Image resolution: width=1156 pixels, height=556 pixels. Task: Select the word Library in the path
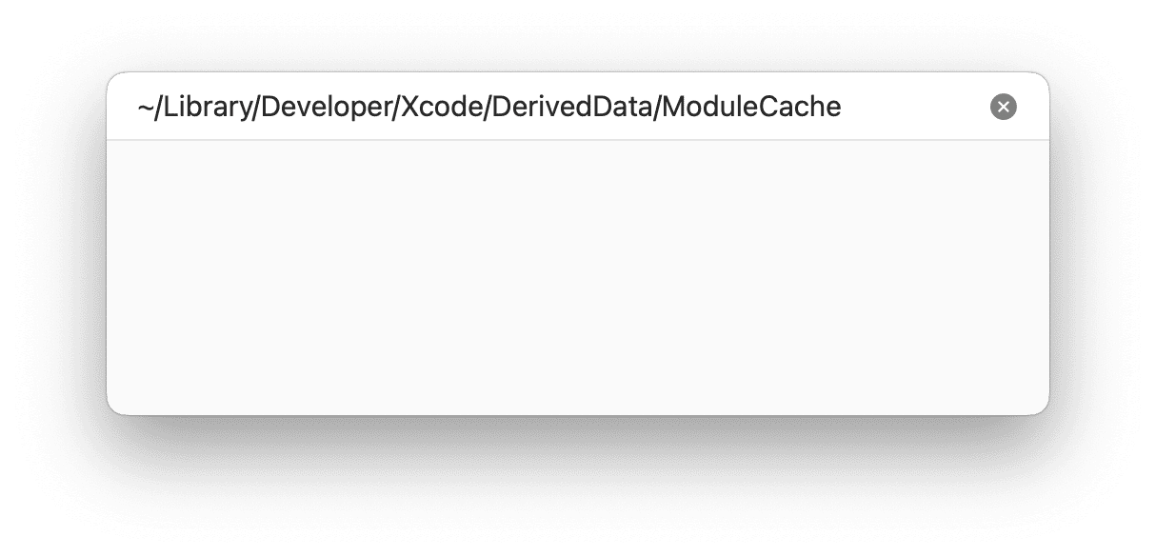pos(208,108)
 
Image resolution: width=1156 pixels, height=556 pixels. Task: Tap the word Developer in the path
pos(327,108)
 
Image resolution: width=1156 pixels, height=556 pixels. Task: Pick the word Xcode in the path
pos(441,107)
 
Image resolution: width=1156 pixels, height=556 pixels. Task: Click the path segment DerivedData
pos(571,107)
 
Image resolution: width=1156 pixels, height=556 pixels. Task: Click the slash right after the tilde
pos(159,108)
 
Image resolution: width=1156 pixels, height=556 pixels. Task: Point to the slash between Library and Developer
pos(256,108)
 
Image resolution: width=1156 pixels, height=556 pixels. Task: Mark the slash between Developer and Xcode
pos(396,108)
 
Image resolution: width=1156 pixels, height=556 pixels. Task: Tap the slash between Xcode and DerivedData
pos(487,108)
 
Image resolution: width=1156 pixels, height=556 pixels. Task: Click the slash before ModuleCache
pos(657,108)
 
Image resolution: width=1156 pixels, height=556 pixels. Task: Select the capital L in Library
pos(170,107)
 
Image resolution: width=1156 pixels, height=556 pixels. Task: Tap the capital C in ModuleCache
pos(769,107)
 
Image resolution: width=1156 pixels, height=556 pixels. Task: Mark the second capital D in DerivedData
pos(602,107)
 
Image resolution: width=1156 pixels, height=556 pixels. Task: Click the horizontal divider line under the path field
pos(578,140)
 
